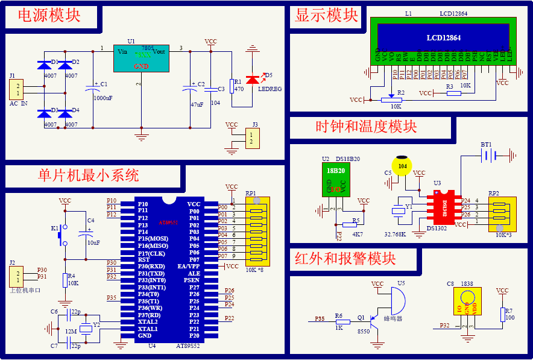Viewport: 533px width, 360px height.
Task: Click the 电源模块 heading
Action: click(x=50, y=16)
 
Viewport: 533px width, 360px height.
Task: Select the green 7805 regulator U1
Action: click(x=142, y=58)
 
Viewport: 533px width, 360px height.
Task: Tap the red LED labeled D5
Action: click(x=252, y=79)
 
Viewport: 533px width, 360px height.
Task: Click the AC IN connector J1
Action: click(x=16, y=89)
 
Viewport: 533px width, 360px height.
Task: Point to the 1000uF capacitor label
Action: click(x=103, y=98)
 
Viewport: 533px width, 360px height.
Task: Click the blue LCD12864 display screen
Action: click(x=443, y=37)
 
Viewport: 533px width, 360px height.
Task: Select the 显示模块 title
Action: click(x=326, y=16)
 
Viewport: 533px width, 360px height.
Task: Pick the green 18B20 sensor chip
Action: click(x=335, y=179)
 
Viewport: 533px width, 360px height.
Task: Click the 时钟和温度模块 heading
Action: click(x=366, y=127)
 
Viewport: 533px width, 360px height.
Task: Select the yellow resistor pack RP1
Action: click(x=257, y=231)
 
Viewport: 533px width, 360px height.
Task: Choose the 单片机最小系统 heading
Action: click(x=89, y=175)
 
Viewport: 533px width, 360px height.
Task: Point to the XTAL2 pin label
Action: click(x=148, y=321)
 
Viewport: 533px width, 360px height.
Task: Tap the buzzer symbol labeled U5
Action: click(x=397, y=299)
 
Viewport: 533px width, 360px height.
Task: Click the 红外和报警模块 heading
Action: click(x=345, y=259)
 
